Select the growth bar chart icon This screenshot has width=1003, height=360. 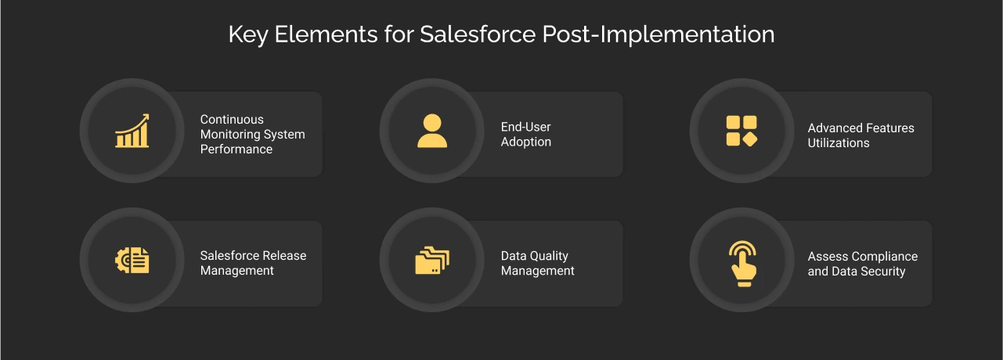click(x=132, y=131)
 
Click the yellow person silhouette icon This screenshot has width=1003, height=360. click(x=431, y=131)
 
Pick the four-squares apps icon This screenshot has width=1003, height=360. click(x=741, y=131)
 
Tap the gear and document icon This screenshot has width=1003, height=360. click(x=132, y=260)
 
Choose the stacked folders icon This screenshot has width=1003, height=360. click(x=431, y=260)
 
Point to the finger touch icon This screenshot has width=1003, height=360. click(x=741, y=262)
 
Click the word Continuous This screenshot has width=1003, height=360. click(x=232, y=120)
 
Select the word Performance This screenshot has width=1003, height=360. click(x=236, y=149)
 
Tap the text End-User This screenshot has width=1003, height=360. click(x=526, y=127)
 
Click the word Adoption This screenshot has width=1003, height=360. click(x=526, y=142)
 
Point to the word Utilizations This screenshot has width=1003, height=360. click(x=839, y=143)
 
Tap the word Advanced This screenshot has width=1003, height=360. click(x=833, y=128)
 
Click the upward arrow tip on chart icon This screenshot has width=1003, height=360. click(x=146, y=117)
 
